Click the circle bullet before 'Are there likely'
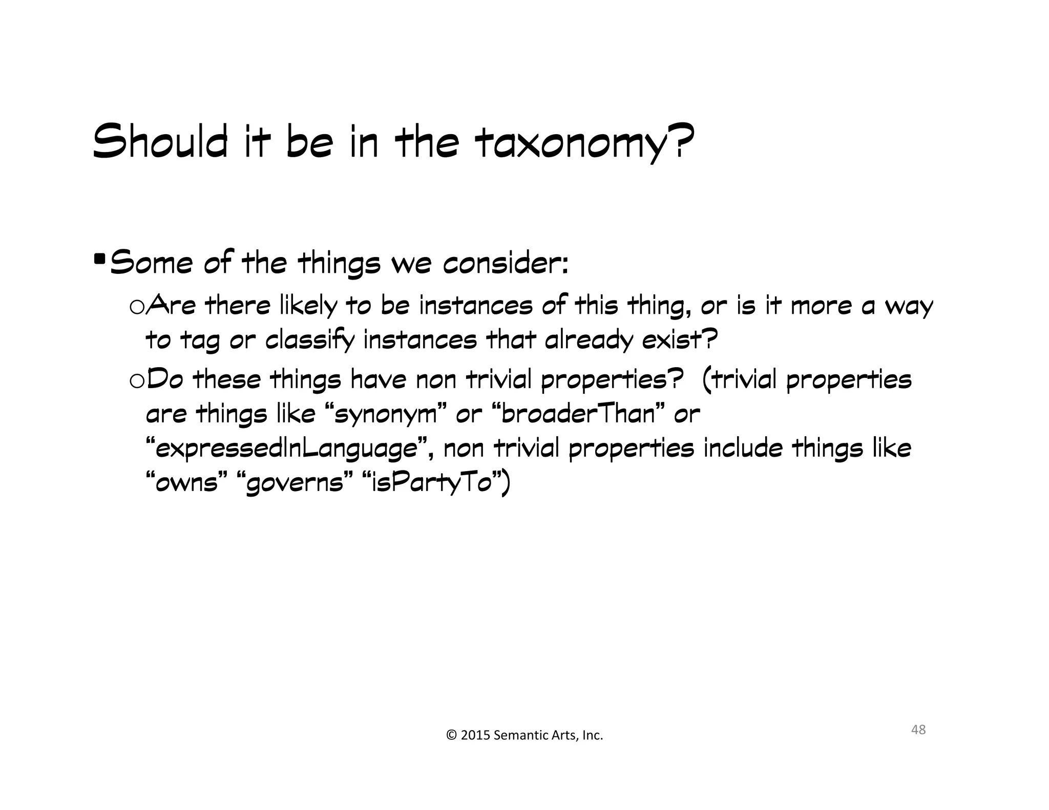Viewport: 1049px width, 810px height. [137, 307]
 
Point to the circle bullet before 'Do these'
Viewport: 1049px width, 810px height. [137, 381]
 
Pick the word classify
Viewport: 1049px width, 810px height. [309, 340]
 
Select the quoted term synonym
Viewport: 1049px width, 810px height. [386, 414]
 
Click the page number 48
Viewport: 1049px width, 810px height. [918, 730]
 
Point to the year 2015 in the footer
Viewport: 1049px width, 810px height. [475, 736]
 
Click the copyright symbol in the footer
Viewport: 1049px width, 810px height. [451, 736]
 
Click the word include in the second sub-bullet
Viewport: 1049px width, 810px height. [743, 449]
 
